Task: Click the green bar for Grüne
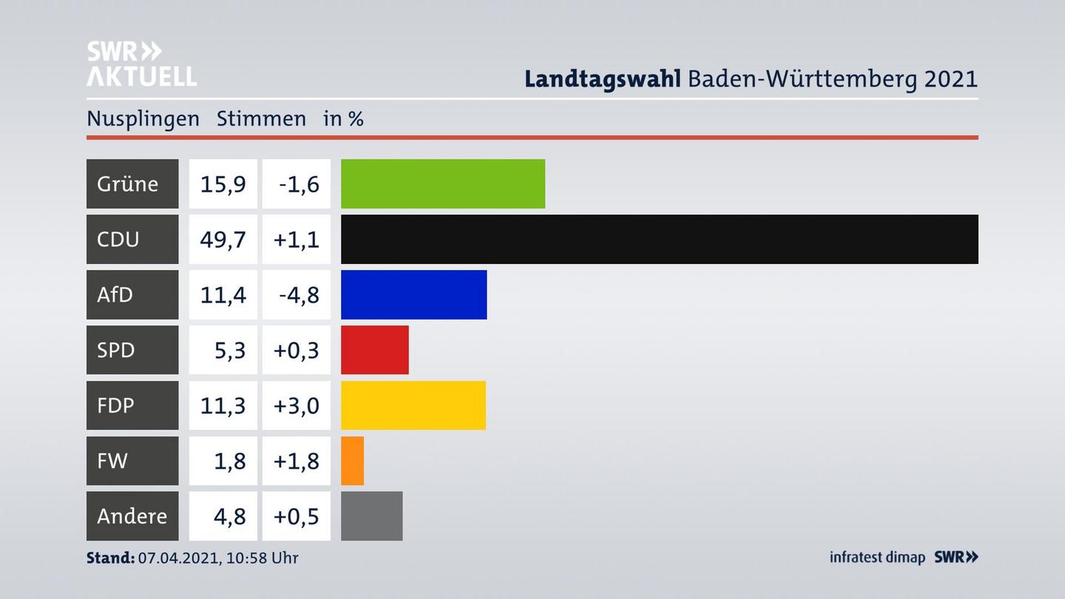click(442, 183)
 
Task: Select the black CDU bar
click(659, 239)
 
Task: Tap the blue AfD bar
click(413, 294)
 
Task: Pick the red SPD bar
click(374, 350)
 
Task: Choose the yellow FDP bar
click(413, 405)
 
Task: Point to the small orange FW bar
click(352, 461)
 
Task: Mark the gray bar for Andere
click(371, 516)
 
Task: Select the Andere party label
click(132, 516)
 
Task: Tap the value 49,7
click(223, 239)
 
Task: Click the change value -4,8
click(298, 294)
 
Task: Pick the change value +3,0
click(297, 405)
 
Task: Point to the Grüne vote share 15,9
click(223, 183)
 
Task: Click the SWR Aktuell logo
click(141, 64)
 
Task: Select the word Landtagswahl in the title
click(602, 78)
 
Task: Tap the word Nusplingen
click(143, 119)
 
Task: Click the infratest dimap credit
click(877, 557)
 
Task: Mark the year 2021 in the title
click(950, 78)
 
